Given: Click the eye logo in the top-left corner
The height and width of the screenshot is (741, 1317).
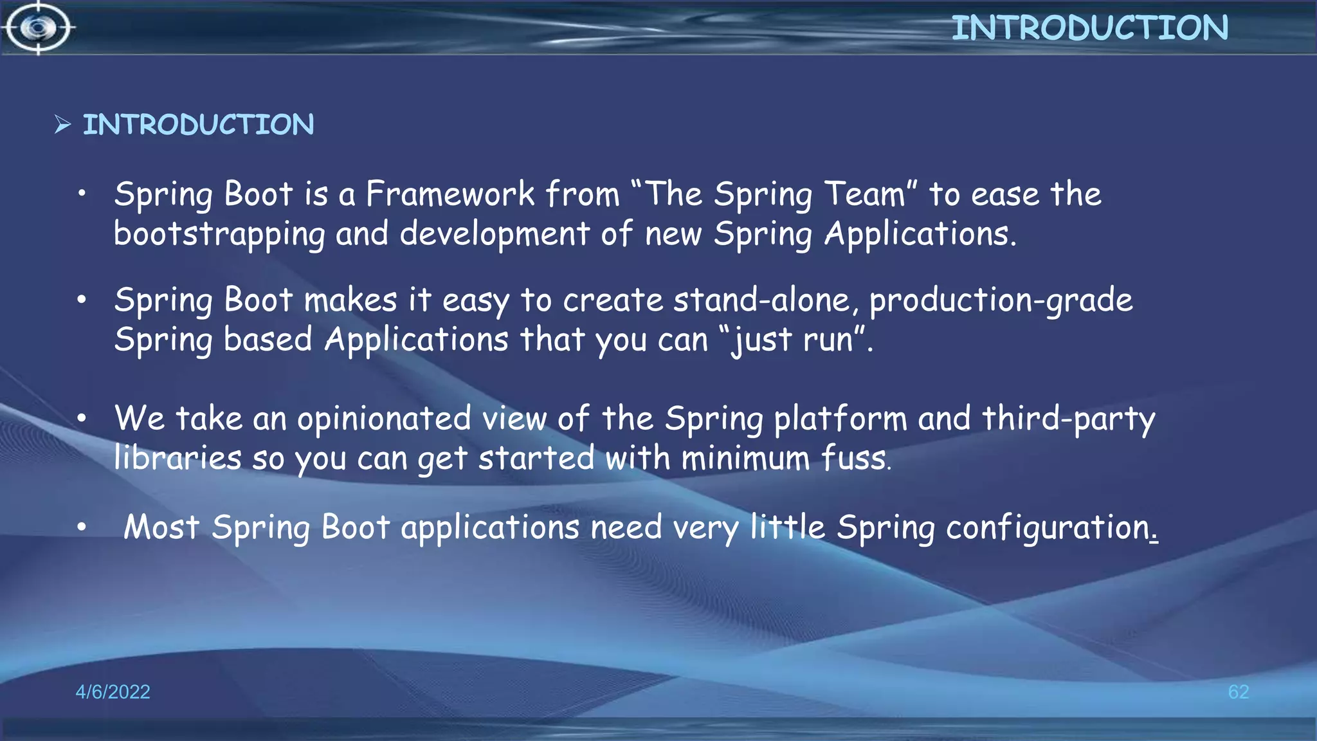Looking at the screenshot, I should click(x=38, y=28).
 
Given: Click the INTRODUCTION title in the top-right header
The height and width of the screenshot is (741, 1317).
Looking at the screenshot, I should click(x=1090, y=28).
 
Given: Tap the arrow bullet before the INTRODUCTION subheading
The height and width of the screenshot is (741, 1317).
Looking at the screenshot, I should click(x=62, y=124).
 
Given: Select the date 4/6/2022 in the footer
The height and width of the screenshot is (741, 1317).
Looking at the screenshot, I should click(x=113, y=691).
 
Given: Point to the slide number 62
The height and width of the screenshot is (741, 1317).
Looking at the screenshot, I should click(x=1238, y=691).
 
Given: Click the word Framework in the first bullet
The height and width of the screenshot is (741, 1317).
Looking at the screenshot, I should click(x=450, y=194).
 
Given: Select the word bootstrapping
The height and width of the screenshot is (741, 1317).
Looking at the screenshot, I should click(x=219, y=234).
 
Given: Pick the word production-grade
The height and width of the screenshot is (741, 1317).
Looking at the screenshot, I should click(x=1001, y=301).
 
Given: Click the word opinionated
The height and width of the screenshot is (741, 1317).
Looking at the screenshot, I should click(x=384, y=419).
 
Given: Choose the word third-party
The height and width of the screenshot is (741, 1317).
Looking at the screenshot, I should click(x=1069, y=419).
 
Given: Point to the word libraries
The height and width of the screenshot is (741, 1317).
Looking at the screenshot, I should click(x=177, y=458).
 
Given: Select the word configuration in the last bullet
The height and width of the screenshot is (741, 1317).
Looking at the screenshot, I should click(x=1048, y=528).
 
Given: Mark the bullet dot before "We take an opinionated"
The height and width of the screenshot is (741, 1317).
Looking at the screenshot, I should click(x=82, y=419).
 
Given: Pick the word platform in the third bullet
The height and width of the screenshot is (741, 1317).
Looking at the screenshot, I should click(x=840, y=419).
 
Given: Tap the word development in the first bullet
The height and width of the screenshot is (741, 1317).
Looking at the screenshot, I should click(x=495, y=234).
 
